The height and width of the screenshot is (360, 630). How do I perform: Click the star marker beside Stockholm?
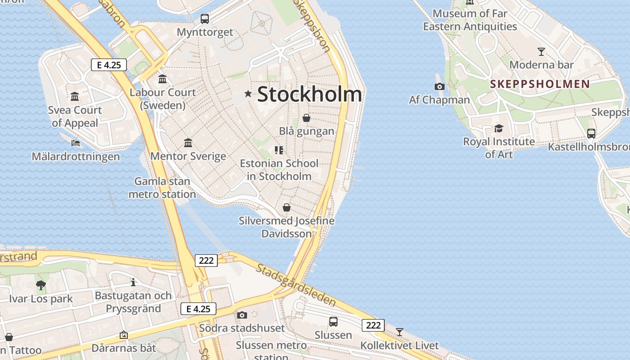coord(248,94)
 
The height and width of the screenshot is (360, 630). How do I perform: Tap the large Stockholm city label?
coord(310,94)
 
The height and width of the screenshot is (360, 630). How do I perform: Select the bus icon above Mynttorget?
coord(205,19)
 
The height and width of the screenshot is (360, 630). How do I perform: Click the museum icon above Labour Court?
coord(162,79)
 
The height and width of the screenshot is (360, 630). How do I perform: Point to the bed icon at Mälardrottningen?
coord(76,143)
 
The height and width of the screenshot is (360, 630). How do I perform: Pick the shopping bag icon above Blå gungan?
coord(306,118)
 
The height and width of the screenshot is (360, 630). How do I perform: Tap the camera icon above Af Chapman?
coord(440,86)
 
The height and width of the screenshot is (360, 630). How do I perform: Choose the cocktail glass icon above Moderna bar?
coord(541,51)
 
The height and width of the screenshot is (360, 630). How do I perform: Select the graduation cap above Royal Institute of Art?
coord(499,129)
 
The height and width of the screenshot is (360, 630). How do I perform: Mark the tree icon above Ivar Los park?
coord(41,285)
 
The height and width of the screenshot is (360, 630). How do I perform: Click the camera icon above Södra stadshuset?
coord(242,315)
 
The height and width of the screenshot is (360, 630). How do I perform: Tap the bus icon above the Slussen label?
coord(333,322)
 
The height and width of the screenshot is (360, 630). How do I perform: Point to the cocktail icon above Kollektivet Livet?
coord(399,332)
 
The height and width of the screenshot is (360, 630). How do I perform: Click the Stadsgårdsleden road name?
coord(296,285)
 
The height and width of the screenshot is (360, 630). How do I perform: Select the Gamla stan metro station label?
coord(162,188)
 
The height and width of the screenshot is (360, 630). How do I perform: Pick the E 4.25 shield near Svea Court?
coord(108,65)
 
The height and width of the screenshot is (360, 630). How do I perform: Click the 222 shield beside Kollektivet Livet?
coord(373,325)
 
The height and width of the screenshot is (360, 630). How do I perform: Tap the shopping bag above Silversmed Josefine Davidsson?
coord(286,208)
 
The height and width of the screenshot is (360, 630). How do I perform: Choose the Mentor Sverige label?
coord(188,156)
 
